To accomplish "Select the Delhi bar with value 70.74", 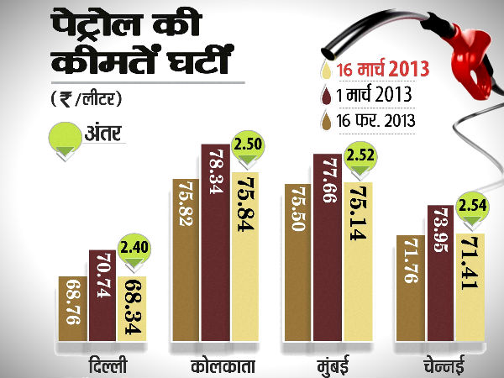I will [102, 298].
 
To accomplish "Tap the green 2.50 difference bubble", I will [249, 146].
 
